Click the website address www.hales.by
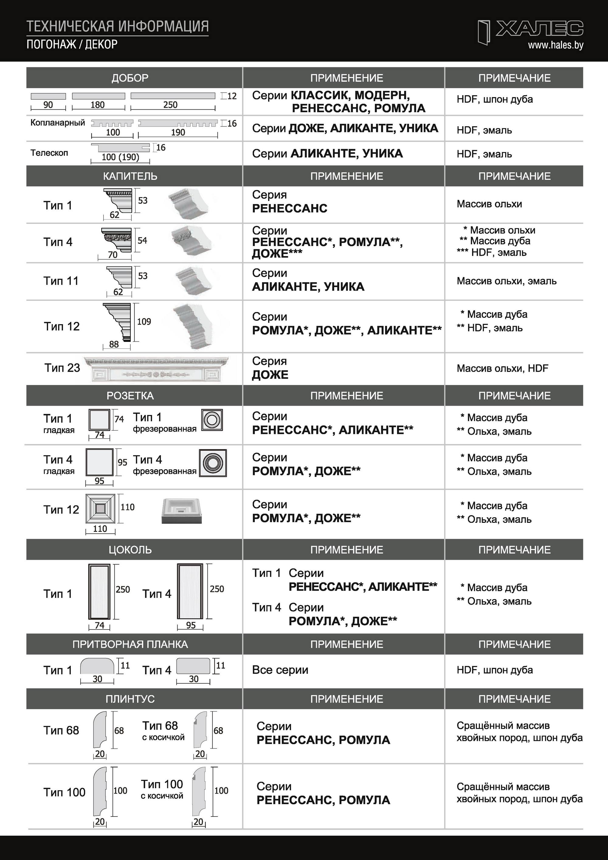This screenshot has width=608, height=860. (x=556, y=45)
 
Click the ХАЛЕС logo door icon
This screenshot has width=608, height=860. (x=484, y=33)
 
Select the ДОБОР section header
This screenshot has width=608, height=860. (x=130, y=78)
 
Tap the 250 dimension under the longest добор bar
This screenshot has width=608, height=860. (x=170, y=105)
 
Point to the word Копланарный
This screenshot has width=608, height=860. (x=58, y=123)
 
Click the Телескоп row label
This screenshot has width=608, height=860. (x=49, y=153)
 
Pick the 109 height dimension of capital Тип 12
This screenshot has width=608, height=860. (x=144, y=321)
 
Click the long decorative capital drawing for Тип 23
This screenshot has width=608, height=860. (x=156, y=369)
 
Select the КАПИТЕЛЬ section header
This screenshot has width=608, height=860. (x=130, y=176)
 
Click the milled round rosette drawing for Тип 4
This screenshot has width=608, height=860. (x=213, y=463)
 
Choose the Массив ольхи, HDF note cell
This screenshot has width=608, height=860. (x=502, y=368)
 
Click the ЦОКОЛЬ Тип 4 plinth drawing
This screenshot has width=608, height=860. (x=190, y=591)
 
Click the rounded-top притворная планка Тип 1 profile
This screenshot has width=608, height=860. (x=97, y=666)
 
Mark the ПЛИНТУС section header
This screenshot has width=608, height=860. (x=130, y=699)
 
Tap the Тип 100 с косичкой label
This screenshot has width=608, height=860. (x=162, y=789)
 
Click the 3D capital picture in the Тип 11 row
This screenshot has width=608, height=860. (x=194, y=281)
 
